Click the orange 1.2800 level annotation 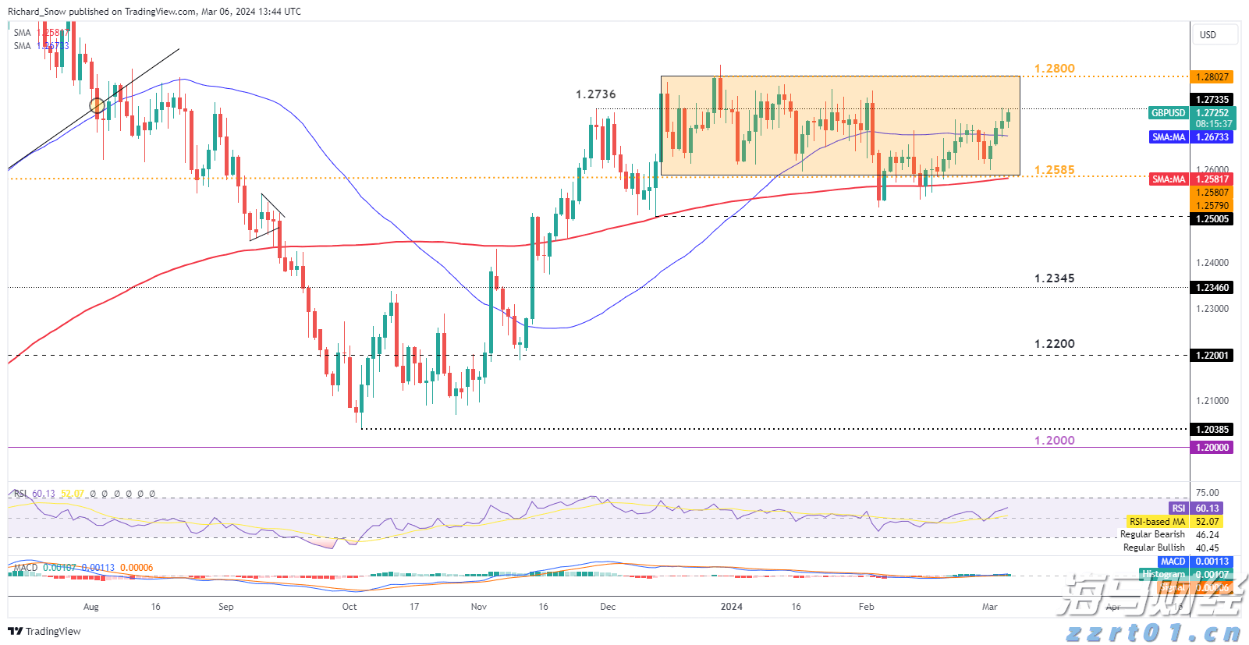pyautogui.click(x=1054, y=69)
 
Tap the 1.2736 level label pyautogui.click(x=595, y=94)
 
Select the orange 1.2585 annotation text pyautogui.click(x=1054, y=170)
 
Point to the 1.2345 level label pyautogui.click(x=1054, y=278)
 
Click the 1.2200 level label pyautogui.click(x=1054, y=344)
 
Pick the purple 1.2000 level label pyautogui.click(x=1054, y=441)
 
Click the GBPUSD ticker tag pyautogui.click(x=1168, y=113)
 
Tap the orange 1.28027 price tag pyautogui.click(x=1212, y=77)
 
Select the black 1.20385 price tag pyautogui.click(x=1212, y=430)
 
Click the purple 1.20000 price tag pyautogui.click(x=1212, y=448)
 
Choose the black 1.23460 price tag pyautogui.click(x=1212, y=288)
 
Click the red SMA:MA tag pyautogui.click(x=1168, y=179)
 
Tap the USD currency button pyautogui.click(x=1208, y=34)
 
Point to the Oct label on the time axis pyautogui.click(x=350, y=607)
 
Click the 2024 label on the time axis pyautogui.click(x=731, y=607)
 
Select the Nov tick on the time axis pyautogui.click(x=479, y=607)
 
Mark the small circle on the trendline pyautogui.click(x=97, y=105)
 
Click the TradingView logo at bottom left pyautogui.click(x=44, y=631)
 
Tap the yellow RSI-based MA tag pyautogui.click(x=1157, y=522)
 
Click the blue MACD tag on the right pyautogui.click(x=1173, y=562)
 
